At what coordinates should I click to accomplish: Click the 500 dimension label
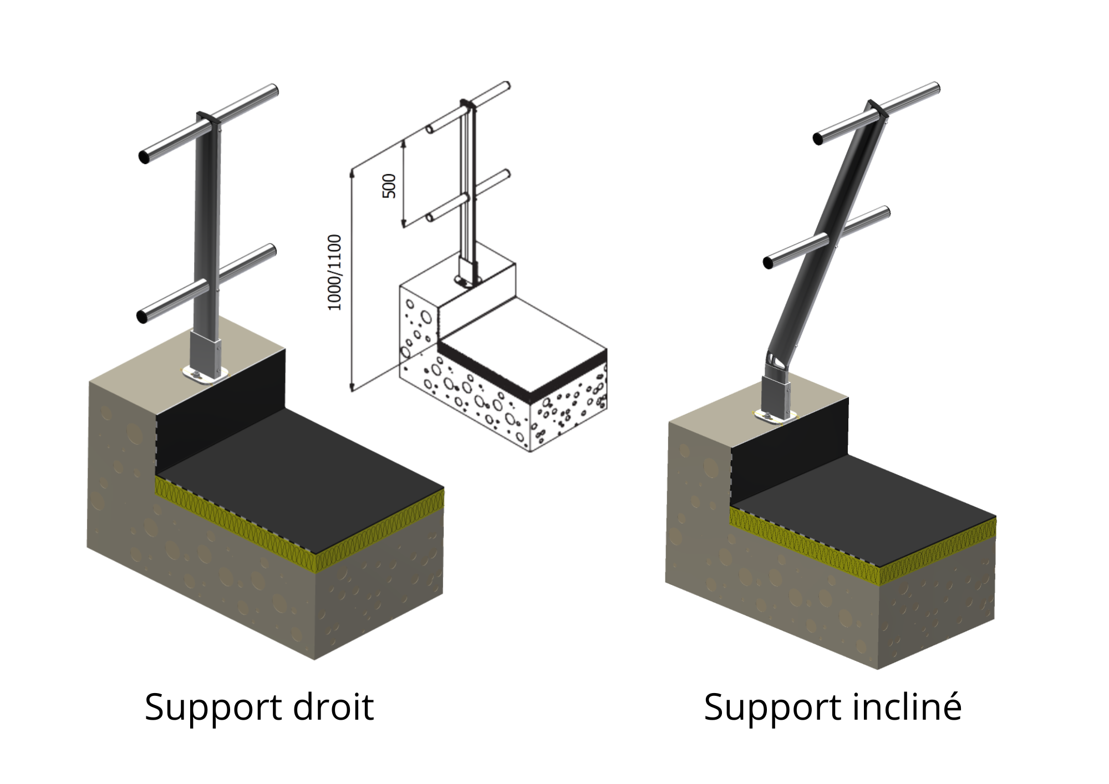pos(390,186)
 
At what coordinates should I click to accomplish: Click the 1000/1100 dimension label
pos(335,272)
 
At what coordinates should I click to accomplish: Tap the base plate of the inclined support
pos(774,416)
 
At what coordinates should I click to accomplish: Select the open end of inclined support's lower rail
pos(769,263)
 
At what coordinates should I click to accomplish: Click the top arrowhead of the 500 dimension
pos(404,144)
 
